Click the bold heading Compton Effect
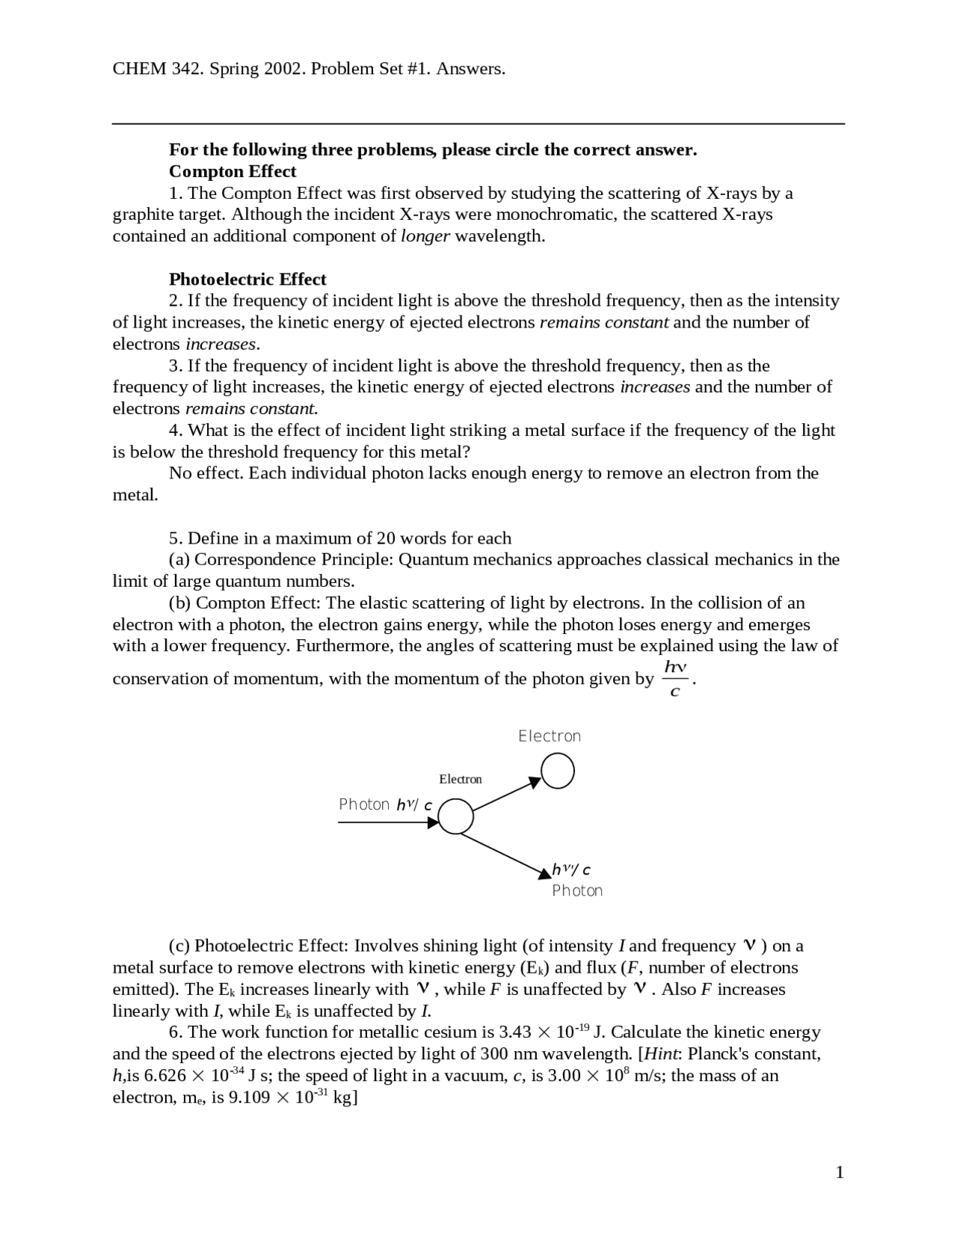[233, 171]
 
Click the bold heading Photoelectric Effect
[247, 280]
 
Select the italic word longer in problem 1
[425, 236]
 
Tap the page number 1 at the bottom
[840, 1172]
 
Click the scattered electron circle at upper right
[558, 771]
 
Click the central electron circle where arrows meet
[455, 816]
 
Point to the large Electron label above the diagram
[550, 736]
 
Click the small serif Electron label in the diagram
[461, 779]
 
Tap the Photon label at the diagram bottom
[577, 890]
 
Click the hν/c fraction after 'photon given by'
[675, 678]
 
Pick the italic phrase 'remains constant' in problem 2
[603, 323]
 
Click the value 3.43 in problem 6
[514, 1032]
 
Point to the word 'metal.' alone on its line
[135, 495]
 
